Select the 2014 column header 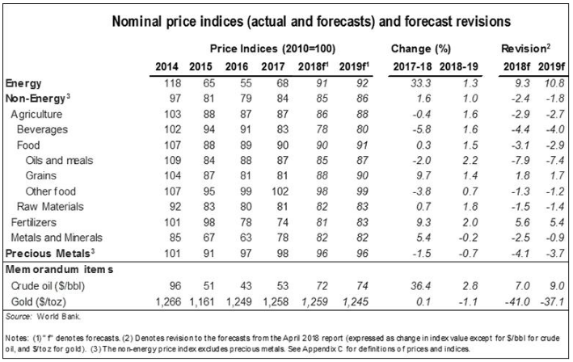pos(166,65)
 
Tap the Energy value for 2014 pos(169,82)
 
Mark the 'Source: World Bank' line pos(36,317)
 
